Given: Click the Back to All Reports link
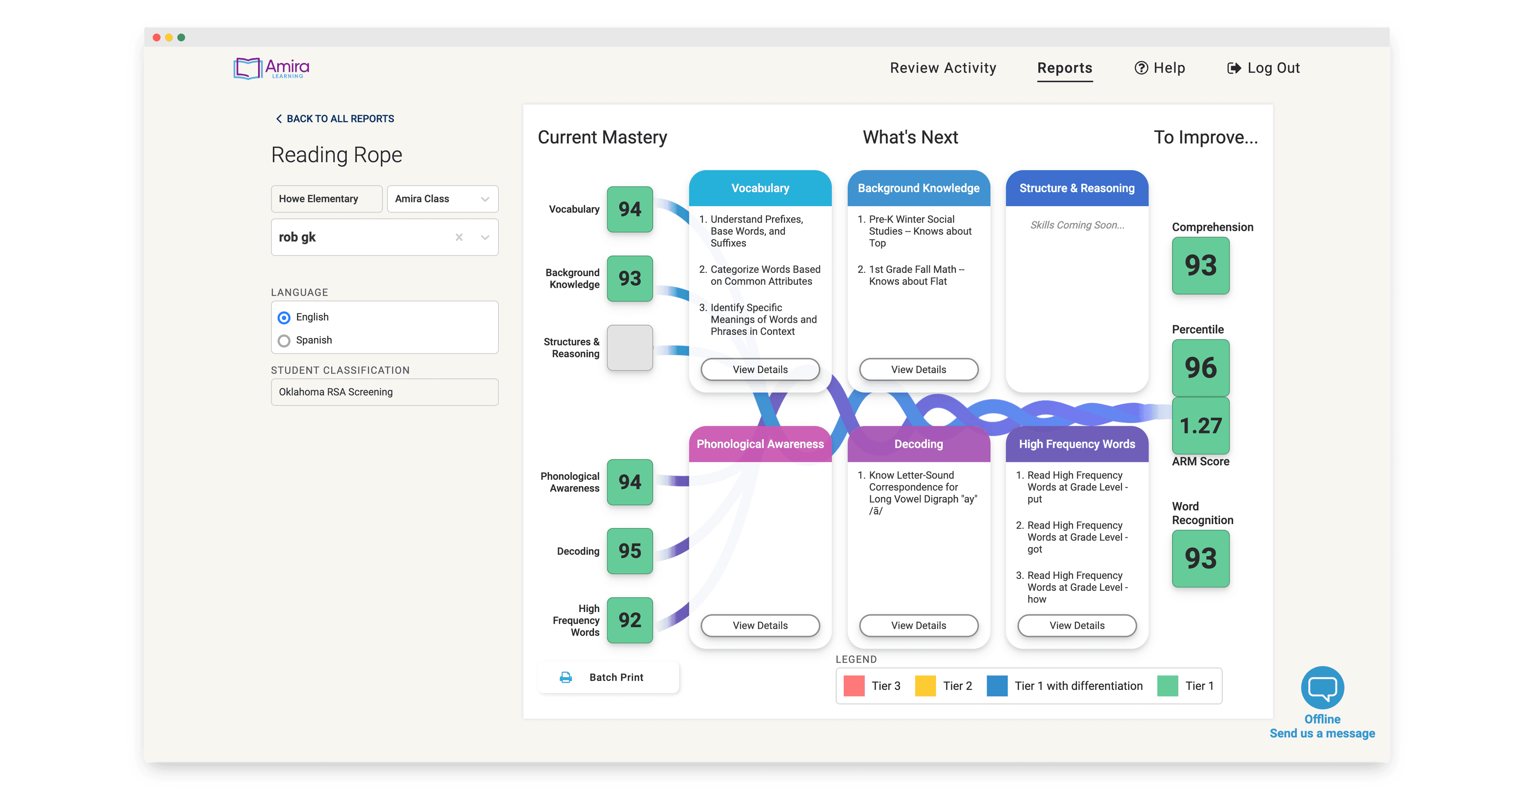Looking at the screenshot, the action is point(335,119).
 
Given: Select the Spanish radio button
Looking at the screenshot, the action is point(284,341).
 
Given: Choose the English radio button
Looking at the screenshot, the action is point(284,317).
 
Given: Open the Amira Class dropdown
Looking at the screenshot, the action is point(443,199).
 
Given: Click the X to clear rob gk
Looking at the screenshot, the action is point(459,237).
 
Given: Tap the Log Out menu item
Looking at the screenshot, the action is point(1264,68).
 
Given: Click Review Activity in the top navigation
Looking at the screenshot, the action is point(943,68).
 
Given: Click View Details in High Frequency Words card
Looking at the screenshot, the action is point(1077,625).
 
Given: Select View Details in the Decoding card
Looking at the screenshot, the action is point(918,625).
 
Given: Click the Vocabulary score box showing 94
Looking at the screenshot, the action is point(630,209).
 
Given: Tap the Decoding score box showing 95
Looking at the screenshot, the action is point(630,551).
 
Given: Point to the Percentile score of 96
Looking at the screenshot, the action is point(1200,368).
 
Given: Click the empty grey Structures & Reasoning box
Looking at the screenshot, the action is point(630,348).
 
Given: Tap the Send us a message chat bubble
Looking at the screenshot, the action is point(1322,688).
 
